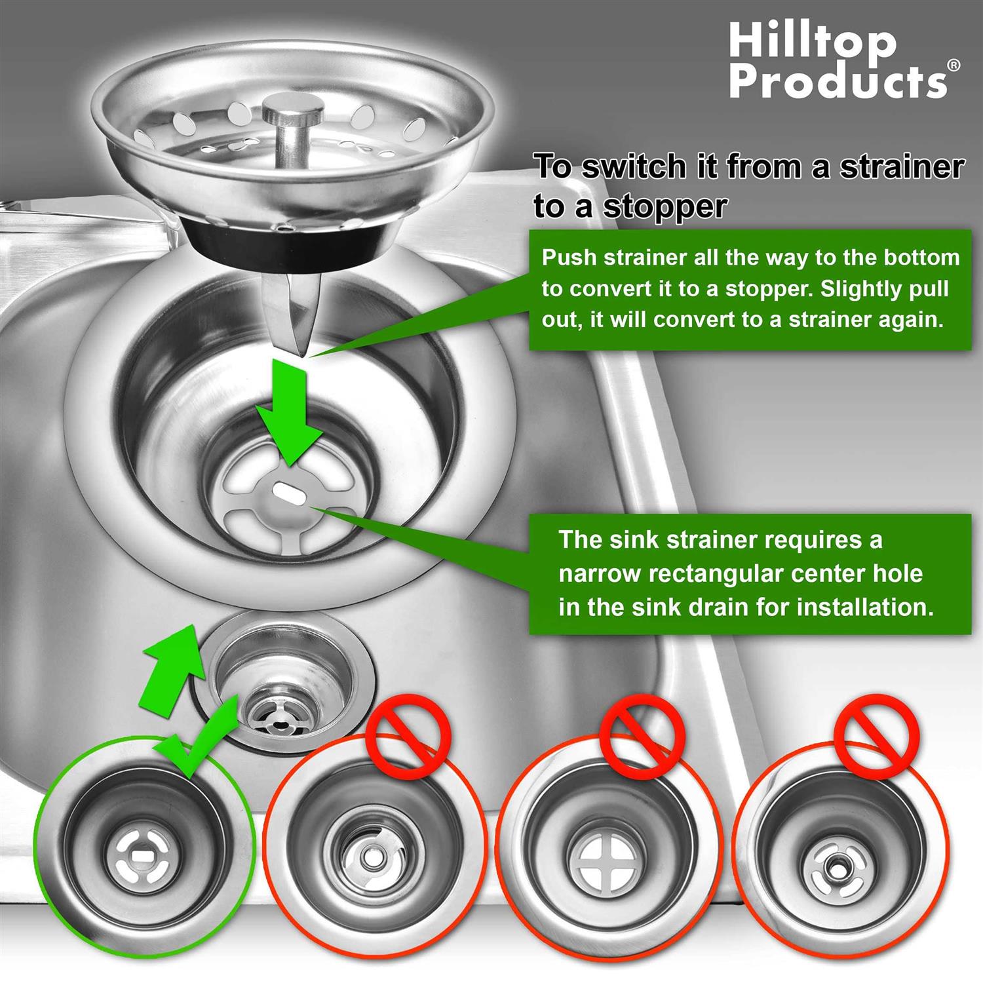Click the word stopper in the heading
pos(664,206)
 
